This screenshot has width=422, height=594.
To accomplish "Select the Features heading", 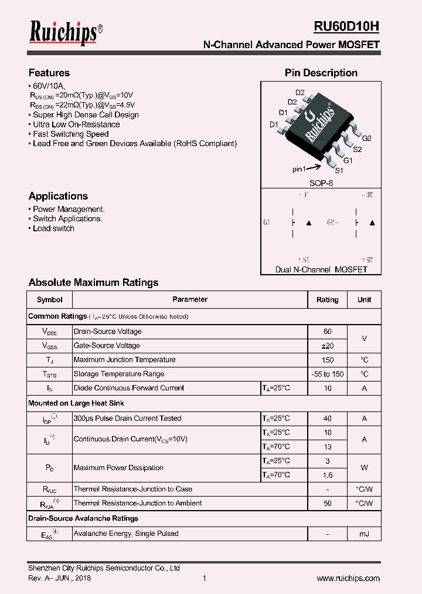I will (49, 73).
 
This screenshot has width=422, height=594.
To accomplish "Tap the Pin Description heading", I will (321, 73).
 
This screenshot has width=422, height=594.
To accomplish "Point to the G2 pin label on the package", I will (366, 139).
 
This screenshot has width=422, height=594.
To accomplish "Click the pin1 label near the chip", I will (299, 169).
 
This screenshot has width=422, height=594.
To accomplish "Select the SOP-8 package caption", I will (321, 183).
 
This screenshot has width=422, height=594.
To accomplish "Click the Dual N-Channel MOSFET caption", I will (321, 269).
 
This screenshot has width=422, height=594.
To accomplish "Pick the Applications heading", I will (58, 196).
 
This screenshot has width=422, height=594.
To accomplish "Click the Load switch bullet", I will (53, 228).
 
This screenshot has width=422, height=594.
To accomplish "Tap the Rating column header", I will (327, 300).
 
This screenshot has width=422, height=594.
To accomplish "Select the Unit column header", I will (364, 300).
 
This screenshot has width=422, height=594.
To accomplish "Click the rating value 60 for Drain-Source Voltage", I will (327, 332).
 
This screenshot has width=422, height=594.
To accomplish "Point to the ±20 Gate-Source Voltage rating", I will (327, 346).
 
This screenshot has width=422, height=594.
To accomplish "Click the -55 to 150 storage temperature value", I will (327, 374).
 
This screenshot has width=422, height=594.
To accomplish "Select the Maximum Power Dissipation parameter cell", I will (110, 468).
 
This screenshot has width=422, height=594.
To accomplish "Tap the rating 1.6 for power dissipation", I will (327, 475).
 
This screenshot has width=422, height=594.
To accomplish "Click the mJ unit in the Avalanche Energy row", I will (364, 534).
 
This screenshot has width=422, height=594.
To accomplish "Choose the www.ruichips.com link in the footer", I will (348, 578).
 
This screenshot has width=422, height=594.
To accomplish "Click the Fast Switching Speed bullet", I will (70, 134).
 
